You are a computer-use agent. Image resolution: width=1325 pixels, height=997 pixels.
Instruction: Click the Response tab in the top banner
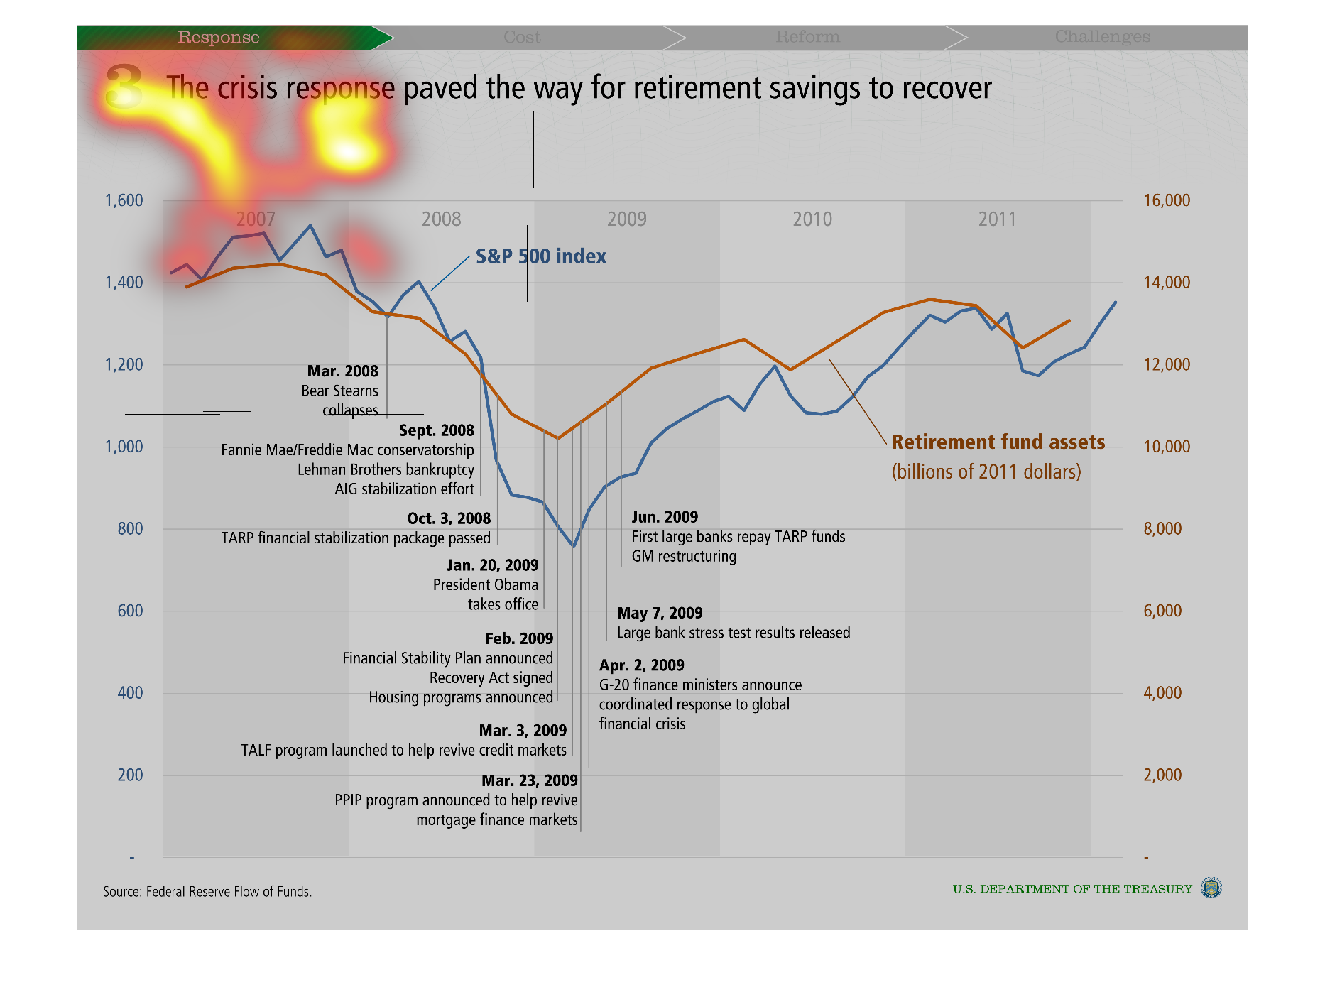click(219, 37)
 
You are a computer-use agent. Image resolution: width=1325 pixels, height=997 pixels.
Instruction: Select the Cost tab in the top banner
click(522, 37)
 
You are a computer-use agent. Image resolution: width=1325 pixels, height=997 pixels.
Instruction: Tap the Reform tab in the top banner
click(807, 37)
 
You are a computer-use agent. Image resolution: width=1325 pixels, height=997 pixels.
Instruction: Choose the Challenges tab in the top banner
click(1102, 37)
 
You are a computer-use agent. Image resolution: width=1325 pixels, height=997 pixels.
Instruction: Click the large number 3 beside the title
click(124, 86)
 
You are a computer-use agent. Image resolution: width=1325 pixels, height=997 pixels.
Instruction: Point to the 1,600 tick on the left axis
click(124, 200)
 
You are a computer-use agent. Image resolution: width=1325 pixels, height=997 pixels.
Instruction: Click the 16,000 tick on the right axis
click(1167, 200)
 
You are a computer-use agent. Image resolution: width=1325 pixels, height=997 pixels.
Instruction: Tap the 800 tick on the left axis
click(130, 528)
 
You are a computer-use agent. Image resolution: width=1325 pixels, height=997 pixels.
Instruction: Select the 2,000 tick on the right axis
click(1162, 775)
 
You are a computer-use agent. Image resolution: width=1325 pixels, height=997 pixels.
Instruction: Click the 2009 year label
click(626, 219)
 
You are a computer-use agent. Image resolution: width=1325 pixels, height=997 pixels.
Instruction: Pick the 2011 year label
click(997, 219)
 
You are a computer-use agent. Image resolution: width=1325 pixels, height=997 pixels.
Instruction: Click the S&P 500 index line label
click(541, 256)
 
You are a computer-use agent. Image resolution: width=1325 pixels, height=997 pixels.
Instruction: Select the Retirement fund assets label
click(998, 442)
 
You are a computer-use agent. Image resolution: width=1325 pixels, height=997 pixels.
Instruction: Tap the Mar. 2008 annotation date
click(342, 371)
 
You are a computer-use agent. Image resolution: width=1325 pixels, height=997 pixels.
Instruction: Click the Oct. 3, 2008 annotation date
click(449, 518)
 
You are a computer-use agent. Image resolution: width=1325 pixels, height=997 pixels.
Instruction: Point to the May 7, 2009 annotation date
click(660, 613)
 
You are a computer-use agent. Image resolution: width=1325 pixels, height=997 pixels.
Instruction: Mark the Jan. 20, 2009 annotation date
click(493, 565)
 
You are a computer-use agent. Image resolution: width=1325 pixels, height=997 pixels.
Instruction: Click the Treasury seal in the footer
click(1211, 888)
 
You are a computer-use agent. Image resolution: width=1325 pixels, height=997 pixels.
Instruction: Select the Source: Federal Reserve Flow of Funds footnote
click(207, 892)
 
